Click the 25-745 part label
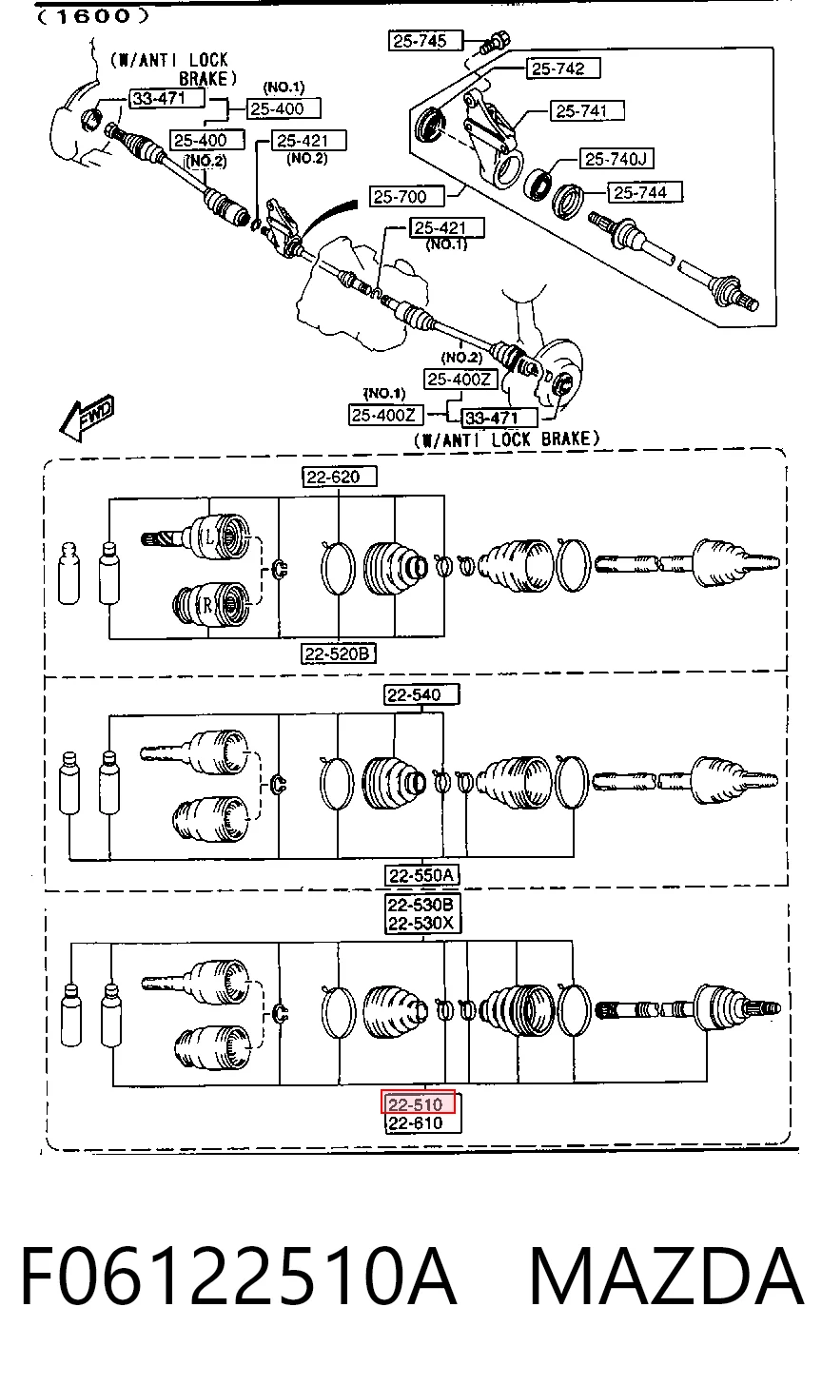[x=425, y=41]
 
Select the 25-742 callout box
[x=563, y=68]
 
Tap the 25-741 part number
[x=587, y=111]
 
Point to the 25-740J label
[x=616, y=159]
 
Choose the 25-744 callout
[x=645, y=192]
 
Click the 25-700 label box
[x=406, y=197]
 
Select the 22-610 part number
[x=423, y=1122]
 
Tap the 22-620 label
[x=339, y=477]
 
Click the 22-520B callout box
[x=339, y=653]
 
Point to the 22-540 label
[x=421, y=694]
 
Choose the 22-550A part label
[x=422, y=875]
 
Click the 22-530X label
[x=422, y=924]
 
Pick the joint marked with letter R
[x=213, y=603]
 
